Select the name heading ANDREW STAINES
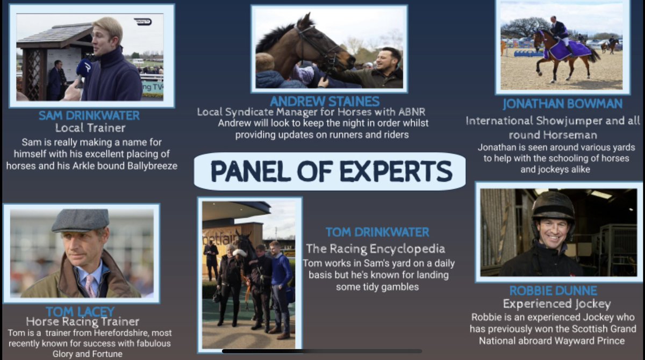click(x=325, y=102)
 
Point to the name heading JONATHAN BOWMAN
click(x=563, y=104)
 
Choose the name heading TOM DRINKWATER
click(x=377, y=233)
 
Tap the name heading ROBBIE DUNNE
click(x=553, y=291)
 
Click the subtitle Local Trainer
click(x=90, y=128)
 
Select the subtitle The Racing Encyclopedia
click(x=375, y=249)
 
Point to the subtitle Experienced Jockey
click(x=553, y=304)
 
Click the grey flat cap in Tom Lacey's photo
click(x=81, y=220)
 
